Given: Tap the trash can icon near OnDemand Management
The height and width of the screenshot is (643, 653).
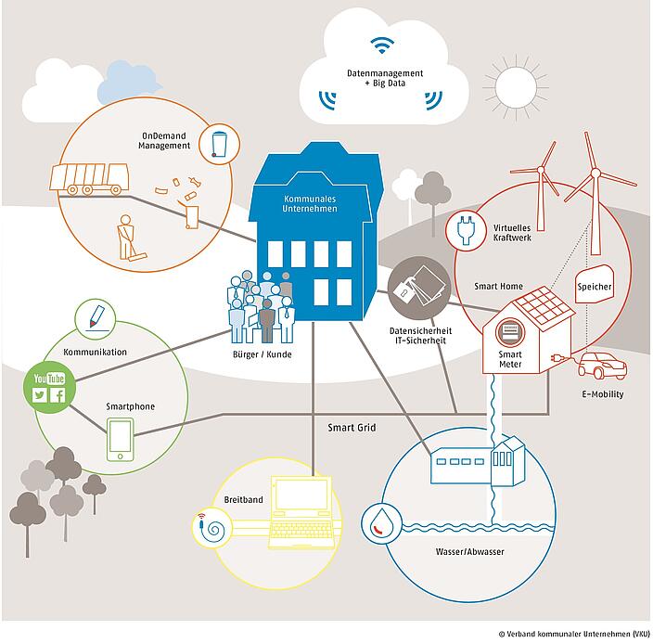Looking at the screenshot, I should (x=219, y=144).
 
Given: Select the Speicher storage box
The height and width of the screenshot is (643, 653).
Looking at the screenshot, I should (x=595, y=287).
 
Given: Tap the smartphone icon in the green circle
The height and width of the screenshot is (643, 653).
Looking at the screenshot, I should (x=120, y=438).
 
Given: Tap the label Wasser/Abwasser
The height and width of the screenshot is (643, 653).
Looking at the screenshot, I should (x=469, y=551).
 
